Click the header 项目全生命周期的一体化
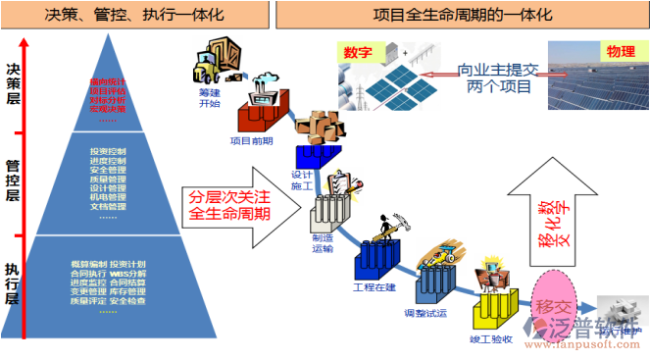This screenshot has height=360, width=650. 462,16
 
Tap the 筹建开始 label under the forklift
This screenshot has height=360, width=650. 210,97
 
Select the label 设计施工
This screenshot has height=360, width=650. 301,179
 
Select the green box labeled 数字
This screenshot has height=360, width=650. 358,52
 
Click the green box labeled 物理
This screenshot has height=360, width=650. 618,52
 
